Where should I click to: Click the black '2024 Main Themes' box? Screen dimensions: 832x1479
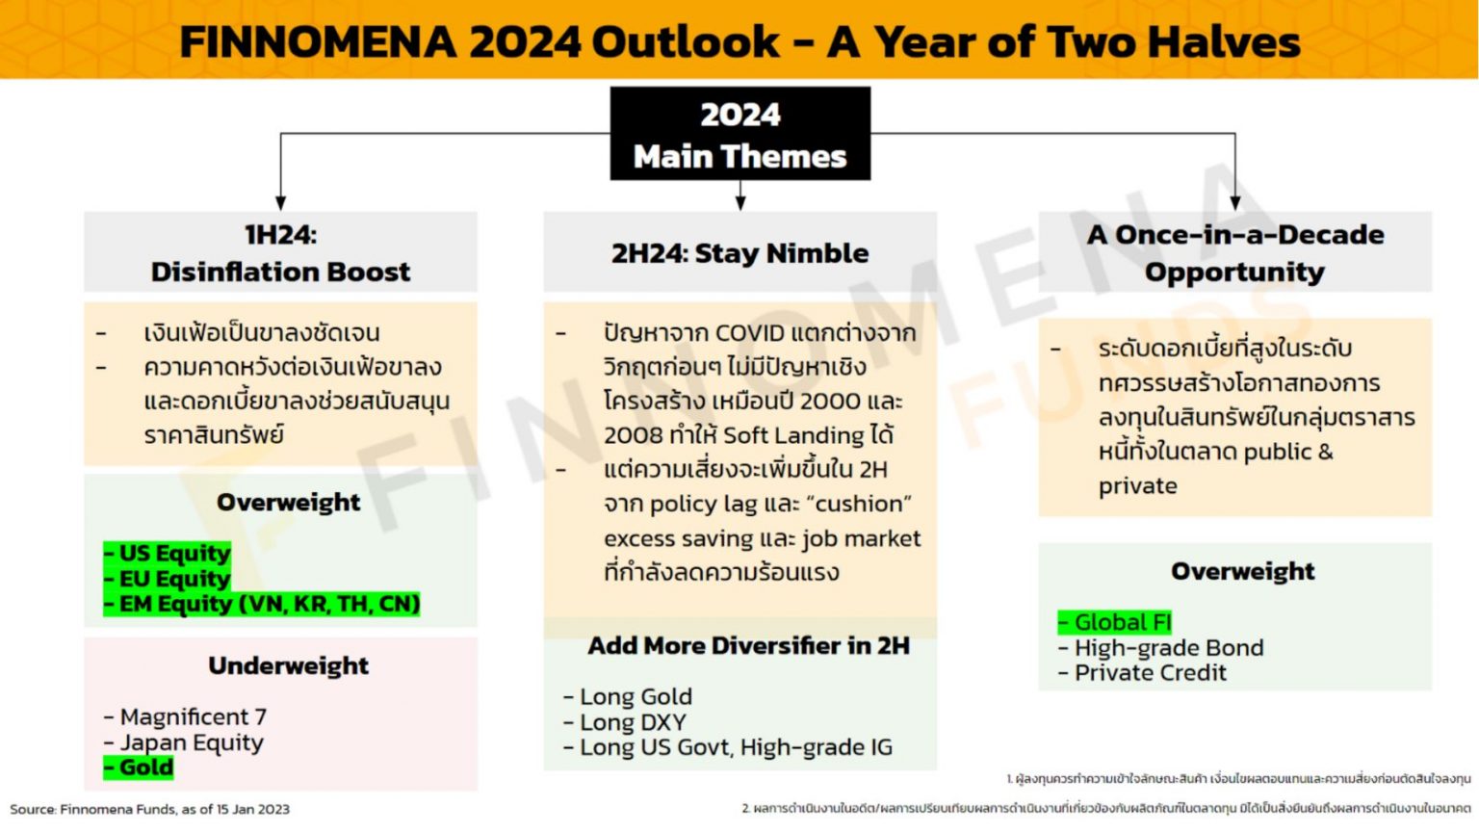tap(739, 134)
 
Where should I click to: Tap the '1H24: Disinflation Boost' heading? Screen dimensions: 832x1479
tap(280, 252)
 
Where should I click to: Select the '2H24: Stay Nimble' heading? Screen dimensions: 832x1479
tap(739, 253)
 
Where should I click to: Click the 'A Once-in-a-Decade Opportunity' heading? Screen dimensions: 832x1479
tap(1234, 252)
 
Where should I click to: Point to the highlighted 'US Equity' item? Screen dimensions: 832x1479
tap(169, 554)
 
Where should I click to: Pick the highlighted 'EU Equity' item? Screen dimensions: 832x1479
tap(169, 579)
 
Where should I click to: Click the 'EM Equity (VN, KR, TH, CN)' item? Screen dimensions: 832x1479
tap(263, 604)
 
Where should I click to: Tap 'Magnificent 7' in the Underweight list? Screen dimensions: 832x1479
tap(187, 717)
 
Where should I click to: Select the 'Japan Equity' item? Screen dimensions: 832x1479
tap(185, 742)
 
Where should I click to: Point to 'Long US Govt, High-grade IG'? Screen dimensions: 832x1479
tap(730, 747)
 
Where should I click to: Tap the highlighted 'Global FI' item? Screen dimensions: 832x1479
tap(1116, 622)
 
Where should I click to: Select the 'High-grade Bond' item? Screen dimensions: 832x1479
tap(1162, 648)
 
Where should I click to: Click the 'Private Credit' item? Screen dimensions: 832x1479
tap(1144, 673)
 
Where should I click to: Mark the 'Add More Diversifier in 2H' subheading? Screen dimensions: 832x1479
tap(748, 645)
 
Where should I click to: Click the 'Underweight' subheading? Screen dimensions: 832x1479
tap(288, 665)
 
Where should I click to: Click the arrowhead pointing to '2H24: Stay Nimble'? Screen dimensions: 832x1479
tap(740, 202)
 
